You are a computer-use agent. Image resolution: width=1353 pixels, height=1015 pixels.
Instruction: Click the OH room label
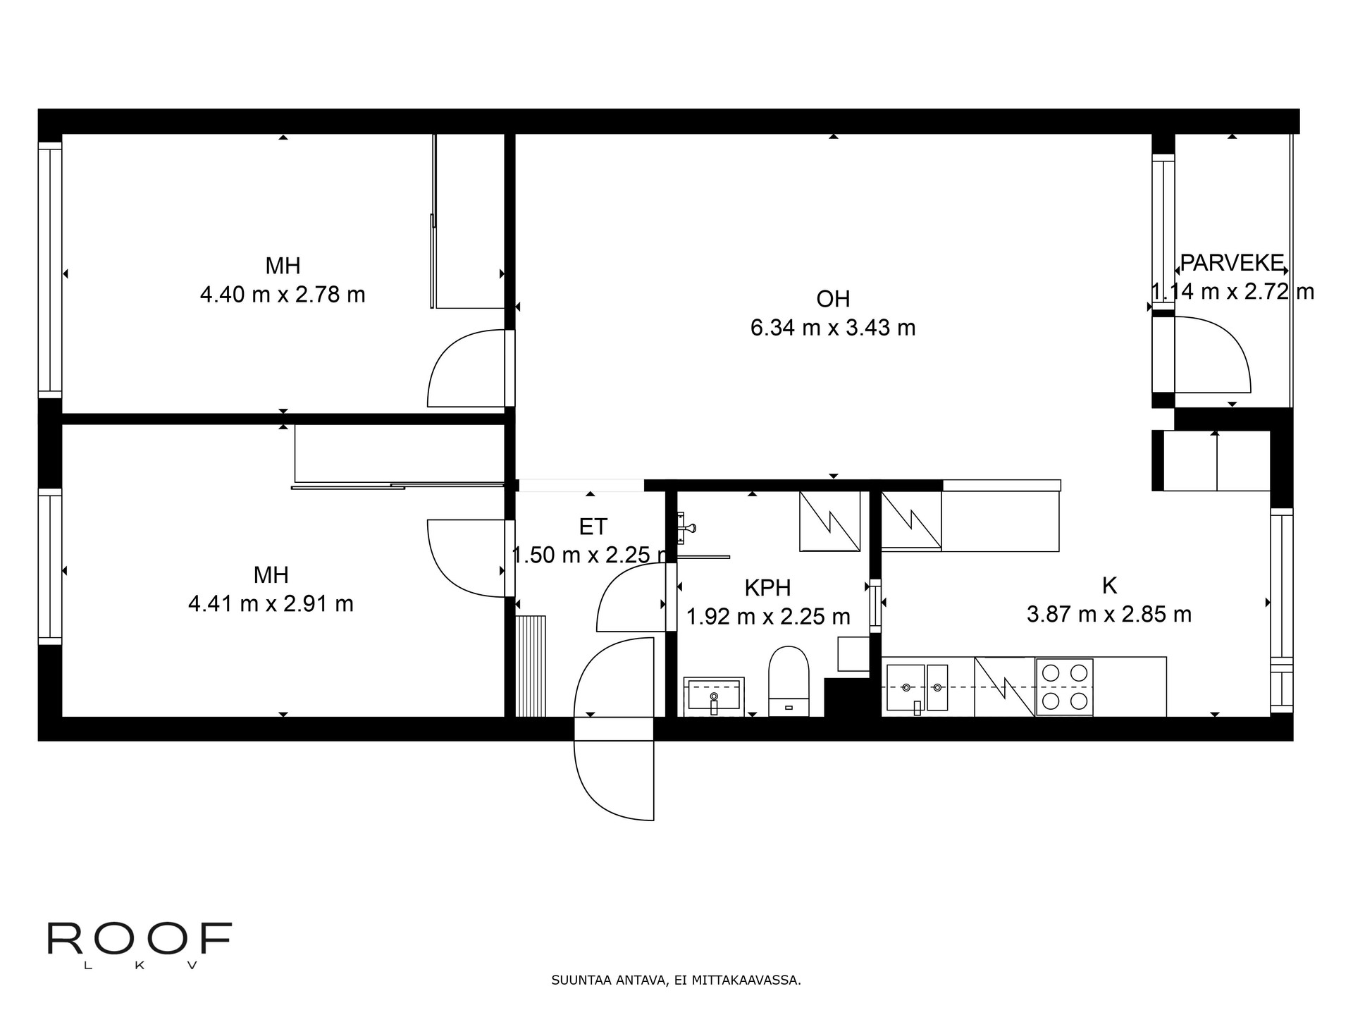point(833,299)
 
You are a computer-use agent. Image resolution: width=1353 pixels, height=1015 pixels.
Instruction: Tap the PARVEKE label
point(1232,263)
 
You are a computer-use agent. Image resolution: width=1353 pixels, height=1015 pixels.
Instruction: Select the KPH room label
point(767,588)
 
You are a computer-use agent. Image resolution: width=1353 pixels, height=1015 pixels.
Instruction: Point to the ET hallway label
point(593,527)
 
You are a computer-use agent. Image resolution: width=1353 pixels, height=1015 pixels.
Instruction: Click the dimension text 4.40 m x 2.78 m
point(283,295)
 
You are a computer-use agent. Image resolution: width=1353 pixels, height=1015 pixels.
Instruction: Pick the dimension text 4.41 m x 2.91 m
point(271,604)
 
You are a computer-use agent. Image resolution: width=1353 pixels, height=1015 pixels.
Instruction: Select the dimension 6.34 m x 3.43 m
point(833,328)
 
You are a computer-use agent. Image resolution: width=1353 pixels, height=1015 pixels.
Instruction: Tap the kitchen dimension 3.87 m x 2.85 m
point(1109,615)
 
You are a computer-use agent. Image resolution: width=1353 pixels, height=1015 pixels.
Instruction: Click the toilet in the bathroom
point(789,681)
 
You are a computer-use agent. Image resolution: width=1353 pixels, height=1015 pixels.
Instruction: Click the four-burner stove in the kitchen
point(1064,687)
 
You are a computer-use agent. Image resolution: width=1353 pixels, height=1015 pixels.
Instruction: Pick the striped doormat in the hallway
point(531,666)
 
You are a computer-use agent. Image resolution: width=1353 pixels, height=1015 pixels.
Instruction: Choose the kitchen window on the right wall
point(1282,610)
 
